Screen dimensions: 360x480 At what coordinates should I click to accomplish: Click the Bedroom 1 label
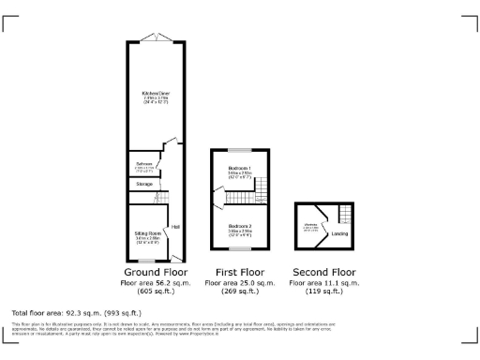(x=240, y=169)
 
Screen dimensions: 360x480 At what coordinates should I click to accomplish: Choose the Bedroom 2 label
(x=240, y=226)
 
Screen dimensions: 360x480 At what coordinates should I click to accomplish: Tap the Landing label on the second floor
(x=340, y=232)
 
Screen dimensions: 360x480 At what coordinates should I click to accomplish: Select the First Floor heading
(x=240, y=272)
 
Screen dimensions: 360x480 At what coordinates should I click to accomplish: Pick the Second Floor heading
(x=323, y=272)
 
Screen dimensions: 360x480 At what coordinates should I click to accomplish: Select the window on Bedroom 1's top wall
(x=240, y=150)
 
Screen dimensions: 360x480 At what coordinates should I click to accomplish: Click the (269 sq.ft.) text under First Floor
(x=240, y=292)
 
